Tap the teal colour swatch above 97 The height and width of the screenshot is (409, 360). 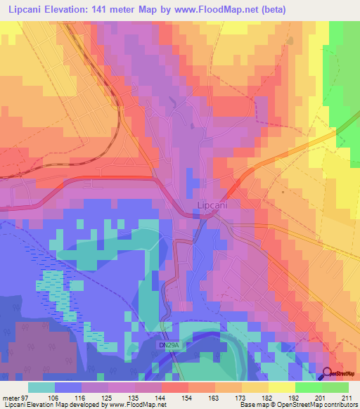[x=41, y=387]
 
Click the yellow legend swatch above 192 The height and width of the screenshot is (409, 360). [x=281, y=387]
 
